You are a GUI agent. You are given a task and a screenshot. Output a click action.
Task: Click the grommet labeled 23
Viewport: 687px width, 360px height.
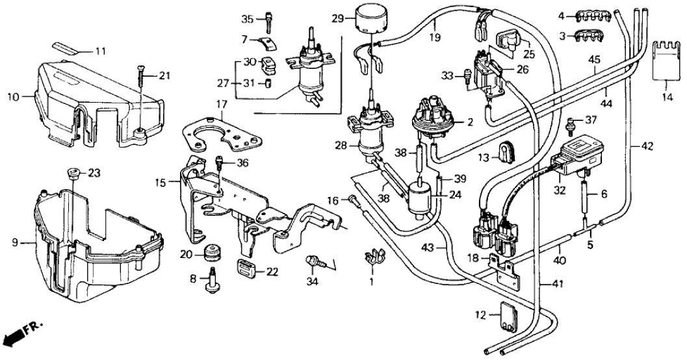[x=73, y=174]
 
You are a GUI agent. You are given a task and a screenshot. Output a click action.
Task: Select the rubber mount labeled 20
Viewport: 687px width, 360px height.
[x=212, y=252]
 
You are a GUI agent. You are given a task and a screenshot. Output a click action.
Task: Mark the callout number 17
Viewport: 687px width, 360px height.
[x=223, y=103]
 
